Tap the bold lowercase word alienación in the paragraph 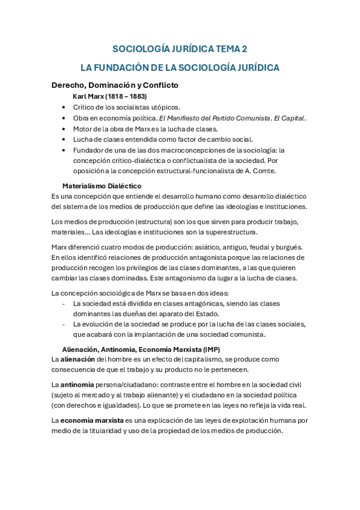coord(78,359)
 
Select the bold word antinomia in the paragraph coord(78,384)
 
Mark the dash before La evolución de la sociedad coord(64,324)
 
